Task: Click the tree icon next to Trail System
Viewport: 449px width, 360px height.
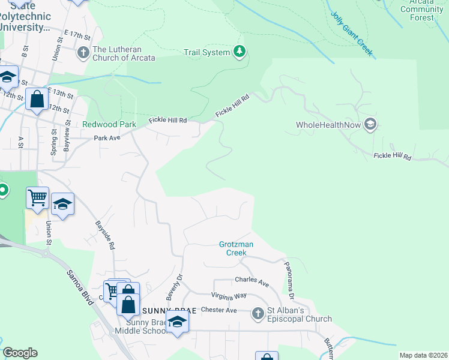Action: click(240, 52)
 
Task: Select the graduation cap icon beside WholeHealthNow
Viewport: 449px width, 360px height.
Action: click(370, 125)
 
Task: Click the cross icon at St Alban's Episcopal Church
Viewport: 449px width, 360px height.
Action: click(258, 314)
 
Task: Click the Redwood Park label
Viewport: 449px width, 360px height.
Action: click(105, 125)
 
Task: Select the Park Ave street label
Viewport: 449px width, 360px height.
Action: click(107, 138)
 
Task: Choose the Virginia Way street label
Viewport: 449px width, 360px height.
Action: click(229, 296)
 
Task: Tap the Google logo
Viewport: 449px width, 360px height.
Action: click(20, 352)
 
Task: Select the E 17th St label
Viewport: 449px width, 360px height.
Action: click(76, 36)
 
